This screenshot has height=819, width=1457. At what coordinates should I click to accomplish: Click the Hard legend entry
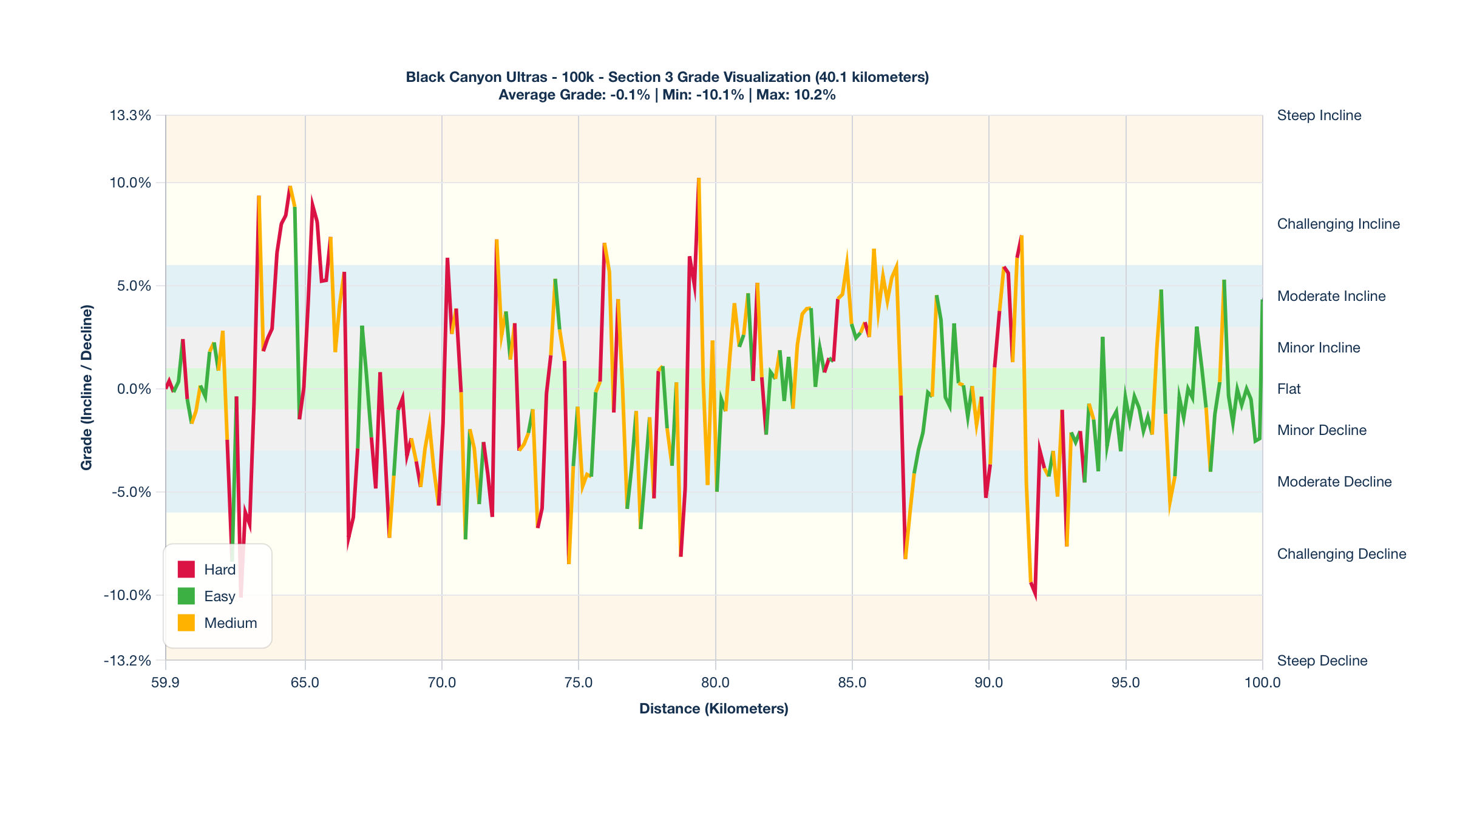pos(207,570)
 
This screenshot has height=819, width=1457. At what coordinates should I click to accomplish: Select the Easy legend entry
pos(207,596)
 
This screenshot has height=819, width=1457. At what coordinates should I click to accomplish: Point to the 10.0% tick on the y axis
pos(130,183)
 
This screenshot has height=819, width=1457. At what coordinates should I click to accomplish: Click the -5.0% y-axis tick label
pos(131,492)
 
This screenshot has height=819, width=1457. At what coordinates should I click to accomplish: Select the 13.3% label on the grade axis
pos(130,115)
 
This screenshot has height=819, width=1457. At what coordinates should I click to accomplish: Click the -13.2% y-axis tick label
pos(127,660)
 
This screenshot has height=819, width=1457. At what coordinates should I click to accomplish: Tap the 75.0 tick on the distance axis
pos(579,682)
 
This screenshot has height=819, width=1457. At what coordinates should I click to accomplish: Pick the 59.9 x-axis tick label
pos(165,682)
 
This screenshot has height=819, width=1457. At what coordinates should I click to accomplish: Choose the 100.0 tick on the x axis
pos(1262,682)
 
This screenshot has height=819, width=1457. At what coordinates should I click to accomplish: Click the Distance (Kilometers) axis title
pos(714,709)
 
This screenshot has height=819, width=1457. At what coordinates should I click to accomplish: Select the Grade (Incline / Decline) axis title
pos(87,388)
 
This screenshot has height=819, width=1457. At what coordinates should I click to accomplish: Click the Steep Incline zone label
pos(1319,115)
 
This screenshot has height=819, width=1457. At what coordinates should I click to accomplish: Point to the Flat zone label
pos(1289,389)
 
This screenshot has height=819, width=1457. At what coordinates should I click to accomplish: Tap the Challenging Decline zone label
pos(1341,554)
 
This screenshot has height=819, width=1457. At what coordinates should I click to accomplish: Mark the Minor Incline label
pos(1318,348)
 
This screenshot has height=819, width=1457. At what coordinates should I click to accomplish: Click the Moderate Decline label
pos(1334,482)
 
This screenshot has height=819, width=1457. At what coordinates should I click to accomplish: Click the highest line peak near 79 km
pos(699,179)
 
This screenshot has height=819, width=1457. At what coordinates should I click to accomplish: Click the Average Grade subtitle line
pos(667,95)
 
